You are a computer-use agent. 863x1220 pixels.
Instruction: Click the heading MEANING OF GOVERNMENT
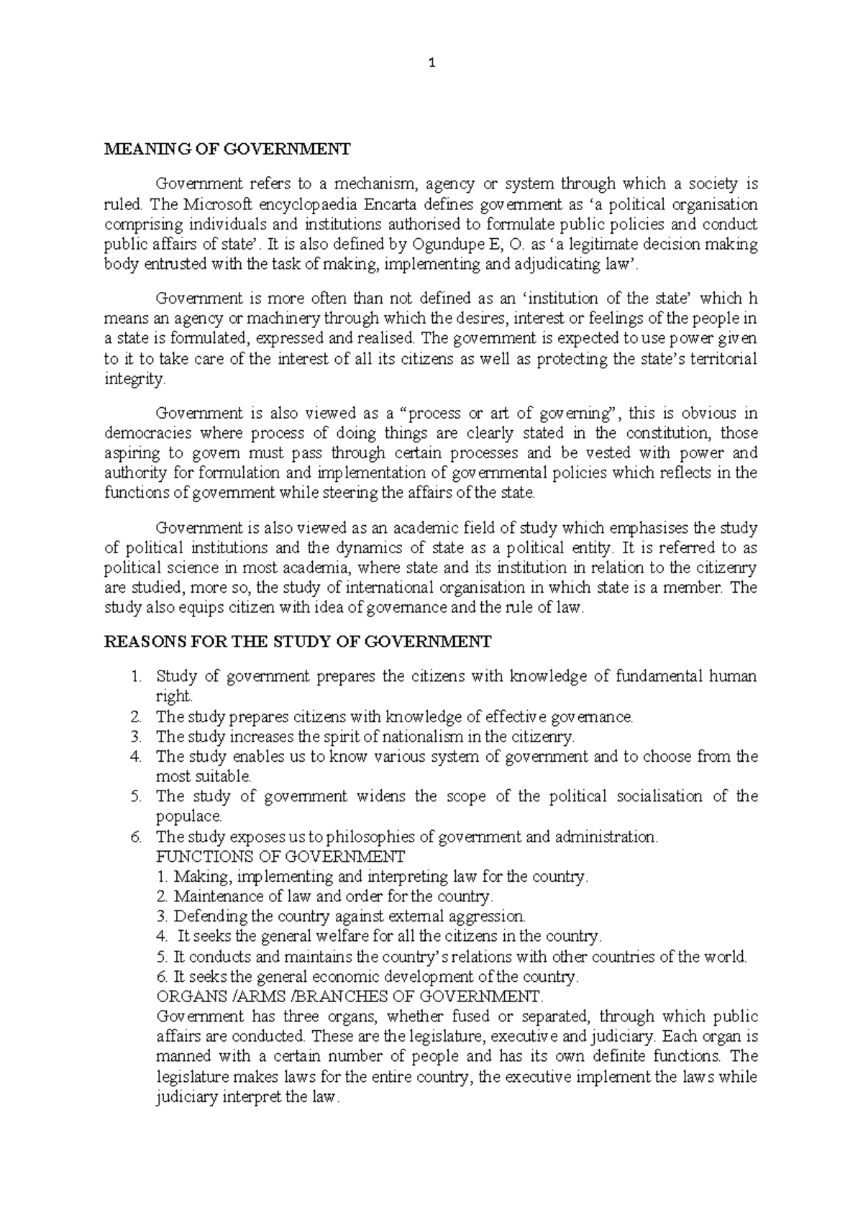(227, 150)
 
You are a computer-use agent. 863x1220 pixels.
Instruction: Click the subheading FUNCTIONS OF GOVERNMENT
(280, 857)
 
